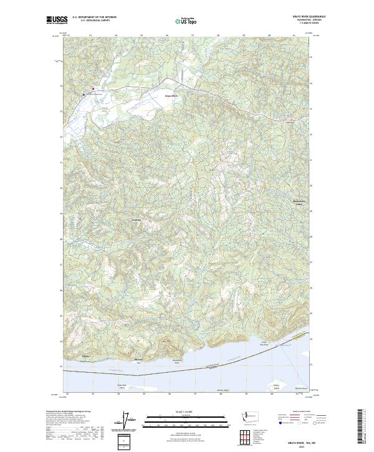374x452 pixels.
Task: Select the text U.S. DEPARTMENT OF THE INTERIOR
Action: coord(95,17)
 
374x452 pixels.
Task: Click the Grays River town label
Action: coord(171,96)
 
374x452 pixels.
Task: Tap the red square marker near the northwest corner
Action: coord(93,89)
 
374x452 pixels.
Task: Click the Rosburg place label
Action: coord(137,219)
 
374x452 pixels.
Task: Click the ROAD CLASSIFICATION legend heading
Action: coord(302,412)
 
